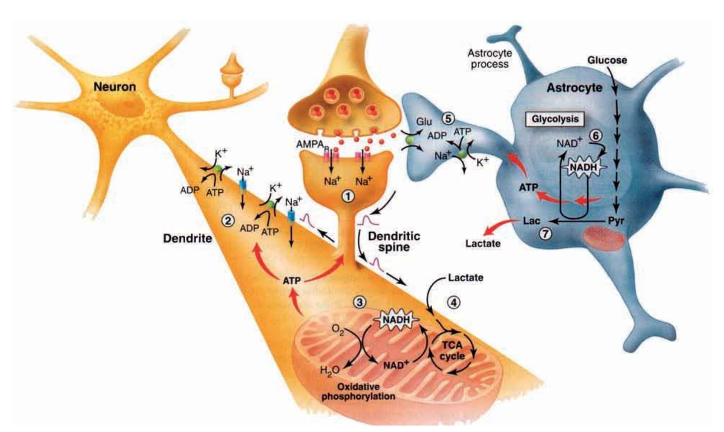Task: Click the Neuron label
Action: click(x=115, y=87)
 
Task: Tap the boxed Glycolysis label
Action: click(x=555, y=119)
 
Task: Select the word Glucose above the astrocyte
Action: click(x=607, y=60)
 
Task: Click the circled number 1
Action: click(x=348, y=196)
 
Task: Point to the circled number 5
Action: click(x=447, y=118)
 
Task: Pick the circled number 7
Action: click(x=545, y=234)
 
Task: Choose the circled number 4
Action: click(x=454, y=303)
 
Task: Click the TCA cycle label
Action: click(x=452, y=351)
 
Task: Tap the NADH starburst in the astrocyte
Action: click(x=583, y=167)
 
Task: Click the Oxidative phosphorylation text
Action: click(x=358, y=392)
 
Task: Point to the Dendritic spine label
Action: click(x=394, y=242)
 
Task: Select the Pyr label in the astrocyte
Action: click(x=616, y=221)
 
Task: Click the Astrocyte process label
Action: click(x=489, y=59)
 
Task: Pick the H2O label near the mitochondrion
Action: click(x=330, y=370)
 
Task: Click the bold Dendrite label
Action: click(x=187, y=238)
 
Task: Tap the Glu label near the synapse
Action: click(x=424, y=122)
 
